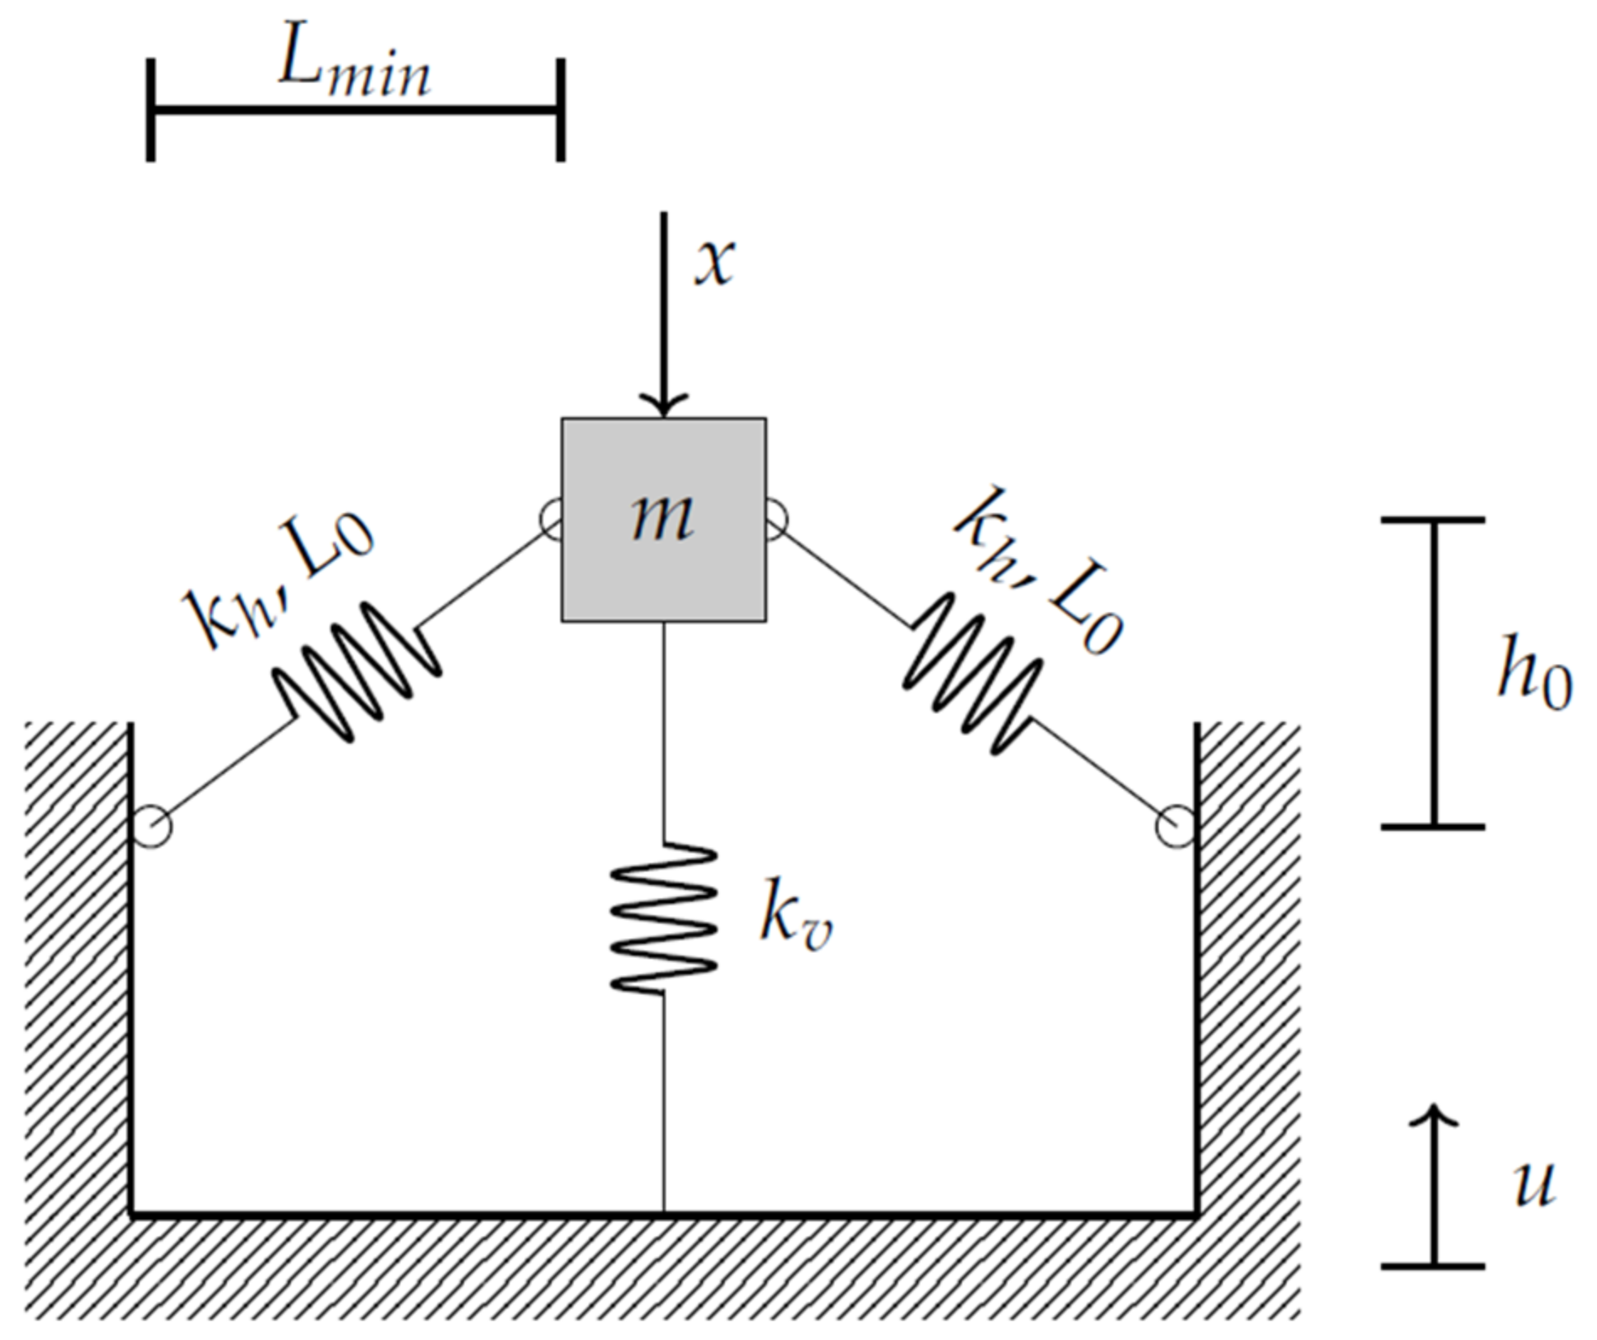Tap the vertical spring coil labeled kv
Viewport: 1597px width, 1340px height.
pyautogui.click(x=664, y=918)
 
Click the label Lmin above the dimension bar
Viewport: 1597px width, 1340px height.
pyautogui.click(x=354, y=67)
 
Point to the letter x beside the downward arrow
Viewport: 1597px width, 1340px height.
pyautogui.click(x=714, y=263)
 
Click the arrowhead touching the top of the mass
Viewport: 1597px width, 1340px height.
pyautogui.click(x=664, y=405)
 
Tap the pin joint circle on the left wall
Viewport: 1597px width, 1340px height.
pyautogui.click(x=151, y=826)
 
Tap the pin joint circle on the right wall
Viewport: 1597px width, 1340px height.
pyautogui.click(x=1175, y=826)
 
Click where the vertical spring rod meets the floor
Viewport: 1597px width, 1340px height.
pyautogui.click(x=664, y=1213)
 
